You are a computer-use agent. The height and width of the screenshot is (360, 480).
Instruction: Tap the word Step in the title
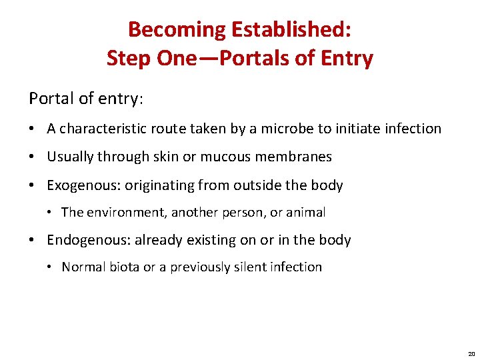coord(129,59)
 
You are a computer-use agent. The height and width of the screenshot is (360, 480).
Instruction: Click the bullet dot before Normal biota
coord(51,268)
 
